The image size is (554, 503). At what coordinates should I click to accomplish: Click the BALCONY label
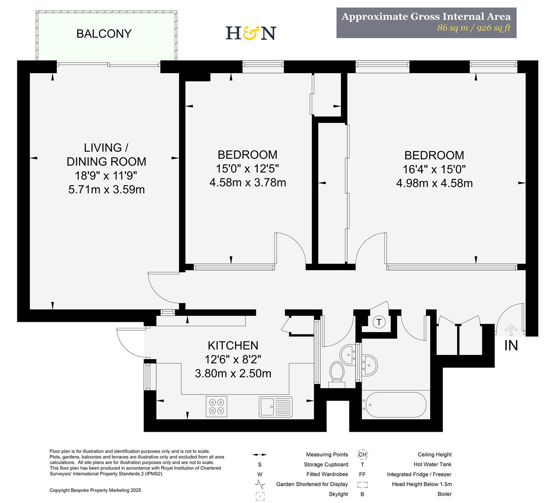click(x=104, y=34)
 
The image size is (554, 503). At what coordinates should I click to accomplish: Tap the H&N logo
click(x=251, y=33)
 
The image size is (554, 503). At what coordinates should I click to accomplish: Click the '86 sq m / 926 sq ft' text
click(x=473, y=28)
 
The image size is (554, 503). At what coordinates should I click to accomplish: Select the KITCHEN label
click(x=233, y=346)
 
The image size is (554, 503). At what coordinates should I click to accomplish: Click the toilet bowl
click(x=337, y=372)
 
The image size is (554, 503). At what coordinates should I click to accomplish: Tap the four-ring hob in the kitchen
click(x=217, y=406)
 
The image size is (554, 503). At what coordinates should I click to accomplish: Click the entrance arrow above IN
click(x=511, y=330)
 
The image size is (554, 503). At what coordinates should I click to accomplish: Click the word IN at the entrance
click(x=511, y=346)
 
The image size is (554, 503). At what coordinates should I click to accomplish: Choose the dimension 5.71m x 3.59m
click(x=106, y=190)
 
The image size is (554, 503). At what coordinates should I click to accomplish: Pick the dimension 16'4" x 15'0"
click(x=434, y=169)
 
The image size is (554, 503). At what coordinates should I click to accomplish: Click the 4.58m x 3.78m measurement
click(x=247, y=183)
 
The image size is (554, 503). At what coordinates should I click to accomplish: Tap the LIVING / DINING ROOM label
click(x=106, y=155)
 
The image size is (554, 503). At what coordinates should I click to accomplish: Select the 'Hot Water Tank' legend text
click(x=432, y=464)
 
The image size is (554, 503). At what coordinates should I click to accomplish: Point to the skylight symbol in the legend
click(x=260, y=496)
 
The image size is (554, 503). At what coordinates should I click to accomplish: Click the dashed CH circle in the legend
click(x=362, y=455)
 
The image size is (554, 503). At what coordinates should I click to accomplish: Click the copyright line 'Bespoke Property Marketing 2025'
click(x=95, y=490)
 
